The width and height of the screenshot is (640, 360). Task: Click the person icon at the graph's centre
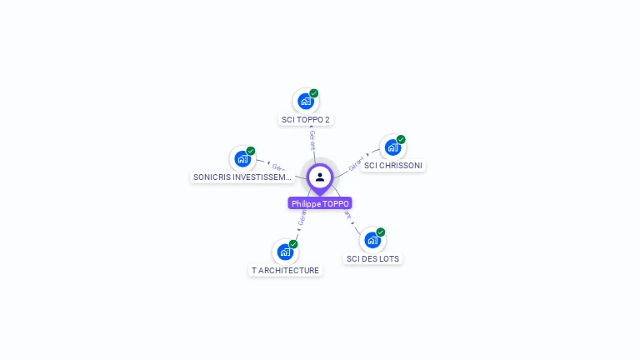(x=320, y=177)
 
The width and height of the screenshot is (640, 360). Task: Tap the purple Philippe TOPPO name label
(x=320, y=203)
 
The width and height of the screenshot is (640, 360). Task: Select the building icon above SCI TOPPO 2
(x=306, y=102)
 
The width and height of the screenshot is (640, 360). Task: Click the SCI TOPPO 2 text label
(x=306, y=120)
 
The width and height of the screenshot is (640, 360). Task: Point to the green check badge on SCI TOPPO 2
(x=314, y=93)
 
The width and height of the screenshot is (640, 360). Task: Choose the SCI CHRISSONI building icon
(x=392, y=147)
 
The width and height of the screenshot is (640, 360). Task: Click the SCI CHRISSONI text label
(x=393, y=166)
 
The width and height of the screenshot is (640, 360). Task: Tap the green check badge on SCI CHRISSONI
(x=401, y=139)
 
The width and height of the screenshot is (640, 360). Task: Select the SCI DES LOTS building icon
(x=372, y=240)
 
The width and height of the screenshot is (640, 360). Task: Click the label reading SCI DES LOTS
(x=373, y=259)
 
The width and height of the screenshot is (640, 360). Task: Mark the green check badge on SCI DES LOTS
(x=381, y=232)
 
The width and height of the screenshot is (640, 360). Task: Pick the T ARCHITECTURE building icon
(x=285, y=252)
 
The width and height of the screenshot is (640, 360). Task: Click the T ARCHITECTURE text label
(x=285, y=271)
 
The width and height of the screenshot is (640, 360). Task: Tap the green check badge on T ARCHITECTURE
(x=293, y=244)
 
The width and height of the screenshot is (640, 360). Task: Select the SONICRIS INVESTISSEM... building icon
(x=242, y=158)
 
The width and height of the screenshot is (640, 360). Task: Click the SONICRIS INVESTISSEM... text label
(x=242, y=177)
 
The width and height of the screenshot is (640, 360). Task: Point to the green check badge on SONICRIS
(x=251, y=151)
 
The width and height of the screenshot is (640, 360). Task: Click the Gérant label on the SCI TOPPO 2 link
(x=312, y=139)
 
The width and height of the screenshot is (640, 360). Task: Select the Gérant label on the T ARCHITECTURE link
(x=302, y=217)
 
